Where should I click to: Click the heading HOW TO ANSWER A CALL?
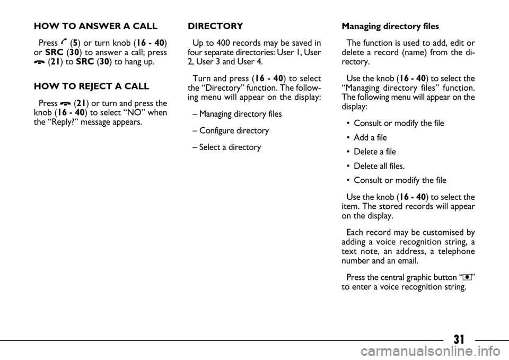(x=95, y=26)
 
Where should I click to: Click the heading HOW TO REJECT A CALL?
(x=91, y=86)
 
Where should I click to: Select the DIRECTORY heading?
(x=215, y=26)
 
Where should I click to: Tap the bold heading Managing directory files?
(x=390, y=26)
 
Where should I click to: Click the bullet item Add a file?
(x=371, y=137)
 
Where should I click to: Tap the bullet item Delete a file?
(x=374, y=152)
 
